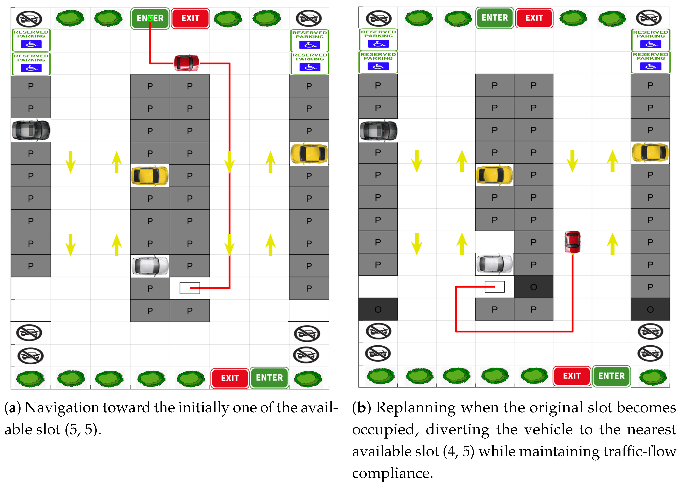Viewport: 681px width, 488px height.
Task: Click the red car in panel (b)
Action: pos(572,242)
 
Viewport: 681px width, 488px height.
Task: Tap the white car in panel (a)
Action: pos(150,266)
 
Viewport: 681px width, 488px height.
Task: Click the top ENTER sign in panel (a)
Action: pos(150,18)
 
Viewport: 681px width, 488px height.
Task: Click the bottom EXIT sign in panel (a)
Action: pos(230,378)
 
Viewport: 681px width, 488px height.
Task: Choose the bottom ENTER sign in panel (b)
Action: pos(611,376)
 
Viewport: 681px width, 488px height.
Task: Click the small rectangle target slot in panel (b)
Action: pos(495,287)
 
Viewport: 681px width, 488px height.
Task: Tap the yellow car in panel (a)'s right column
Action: pos(309,154)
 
